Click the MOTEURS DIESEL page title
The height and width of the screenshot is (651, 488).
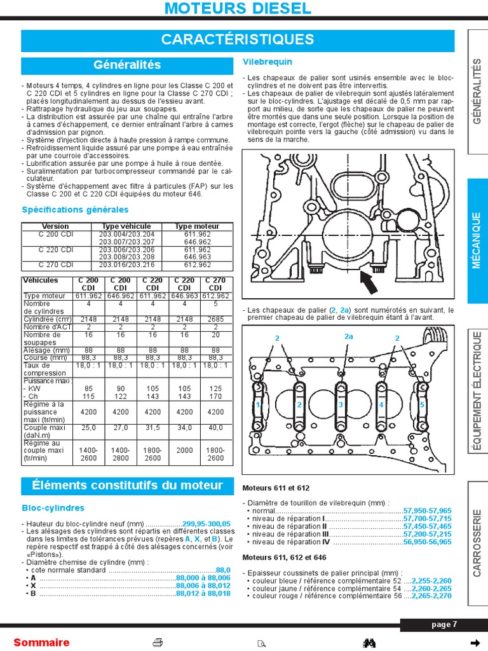coord(238,8)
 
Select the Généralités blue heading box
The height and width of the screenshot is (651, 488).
coord(127,65)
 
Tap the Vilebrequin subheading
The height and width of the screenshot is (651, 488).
coord(268,62)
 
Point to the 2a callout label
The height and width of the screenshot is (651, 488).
coord(348,336)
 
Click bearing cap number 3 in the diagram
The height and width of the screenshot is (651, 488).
coord(341,405)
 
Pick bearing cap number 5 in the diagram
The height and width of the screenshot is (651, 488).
coord(422,404)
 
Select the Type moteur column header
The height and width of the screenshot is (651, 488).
coord(197,226)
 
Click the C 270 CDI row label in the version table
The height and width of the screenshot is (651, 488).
coord(55,264)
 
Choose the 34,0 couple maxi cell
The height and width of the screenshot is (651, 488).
coord(185,428)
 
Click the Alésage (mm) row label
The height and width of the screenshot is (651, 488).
coord(46,350)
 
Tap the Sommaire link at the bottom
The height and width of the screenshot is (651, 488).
coord(41,642)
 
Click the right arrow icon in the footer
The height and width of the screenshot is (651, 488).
coord(473,641)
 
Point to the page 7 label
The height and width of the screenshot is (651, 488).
coord(444,624)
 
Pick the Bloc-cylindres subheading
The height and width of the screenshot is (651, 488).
coord(53,508)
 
